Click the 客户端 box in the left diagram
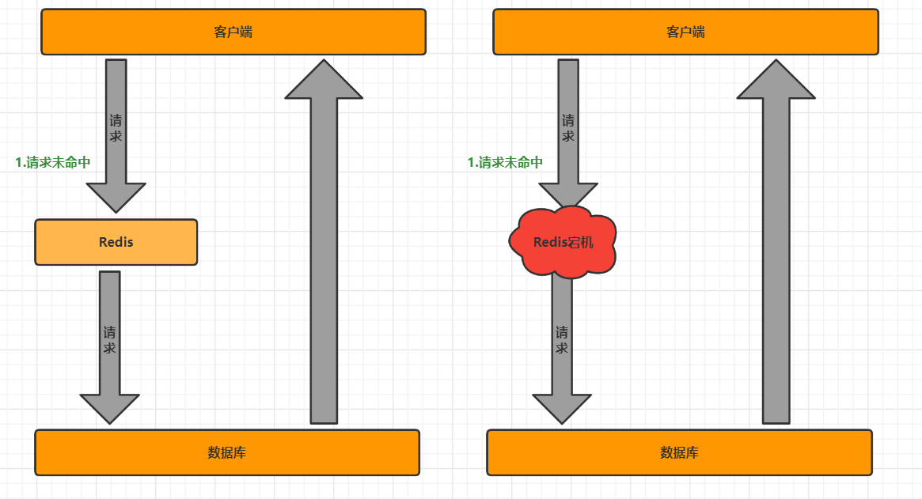(x=233, y=32)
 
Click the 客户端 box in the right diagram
(x=685, y=32)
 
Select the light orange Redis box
(x=116, y=242)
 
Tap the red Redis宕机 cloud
(x=563, y=242)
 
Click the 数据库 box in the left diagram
(x=227, y=452)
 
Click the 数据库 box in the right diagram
(x=679, y=452)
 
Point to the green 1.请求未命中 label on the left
(x=53, y=163)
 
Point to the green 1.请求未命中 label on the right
(x=505, y=163)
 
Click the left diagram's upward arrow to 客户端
(x=324, y=261)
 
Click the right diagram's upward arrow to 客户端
(x=776, y=261)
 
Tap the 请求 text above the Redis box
(x=116, y=128)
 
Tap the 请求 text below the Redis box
(x=110, y=339)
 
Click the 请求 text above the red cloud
(x=568, y=128)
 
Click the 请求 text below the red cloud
(x=562, y=339)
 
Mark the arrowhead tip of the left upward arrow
(x=324, y=61)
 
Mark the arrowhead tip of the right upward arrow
(x=776, y=61)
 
